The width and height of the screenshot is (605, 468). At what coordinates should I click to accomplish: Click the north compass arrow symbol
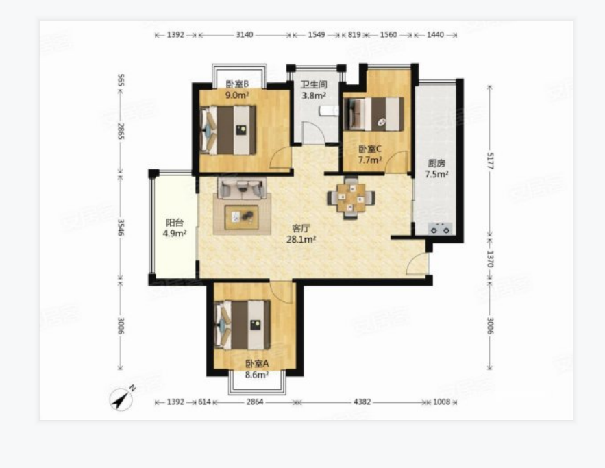(x=122, y=398)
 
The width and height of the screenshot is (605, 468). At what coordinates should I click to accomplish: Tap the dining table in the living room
(x=351, y=198)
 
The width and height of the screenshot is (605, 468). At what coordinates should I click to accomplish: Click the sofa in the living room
(x=242, y=188)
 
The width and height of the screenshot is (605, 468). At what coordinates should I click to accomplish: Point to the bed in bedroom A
(x=242, y=325)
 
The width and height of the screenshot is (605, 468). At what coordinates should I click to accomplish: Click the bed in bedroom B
(x=228, y=130)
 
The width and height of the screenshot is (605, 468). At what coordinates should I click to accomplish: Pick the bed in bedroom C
(x=374, y=114)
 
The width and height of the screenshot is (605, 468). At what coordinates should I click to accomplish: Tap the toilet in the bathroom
(x=329, y=111)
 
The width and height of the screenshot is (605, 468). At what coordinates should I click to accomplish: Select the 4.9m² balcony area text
(x=175, y=233)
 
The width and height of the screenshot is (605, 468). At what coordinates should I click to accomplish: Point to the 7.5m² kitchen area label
(x=436, y=174)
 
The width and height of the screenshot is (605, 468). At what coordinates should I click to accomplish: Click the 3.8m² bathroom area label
(x=314, y=95)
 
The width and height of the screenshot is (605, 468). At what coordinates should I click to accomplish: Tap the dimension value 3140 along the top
(x=245, y=35)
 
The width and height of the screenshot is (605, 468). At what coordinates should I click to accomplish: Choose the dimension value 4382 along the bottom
(x=362, y=402)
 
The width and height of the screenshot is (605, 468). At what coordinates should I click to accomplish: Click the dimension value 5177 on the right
(x=490, y=160)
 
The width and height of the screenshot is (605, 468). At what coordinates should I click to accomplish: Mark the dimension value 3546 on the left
(x=121, y=227)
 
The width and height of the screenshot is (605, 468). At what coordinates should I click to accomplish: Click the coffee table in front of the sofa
(x=242, y=217)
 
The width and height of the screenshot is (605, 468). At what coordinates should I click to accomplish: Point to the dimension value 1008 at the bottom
(x=441, y=402)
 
